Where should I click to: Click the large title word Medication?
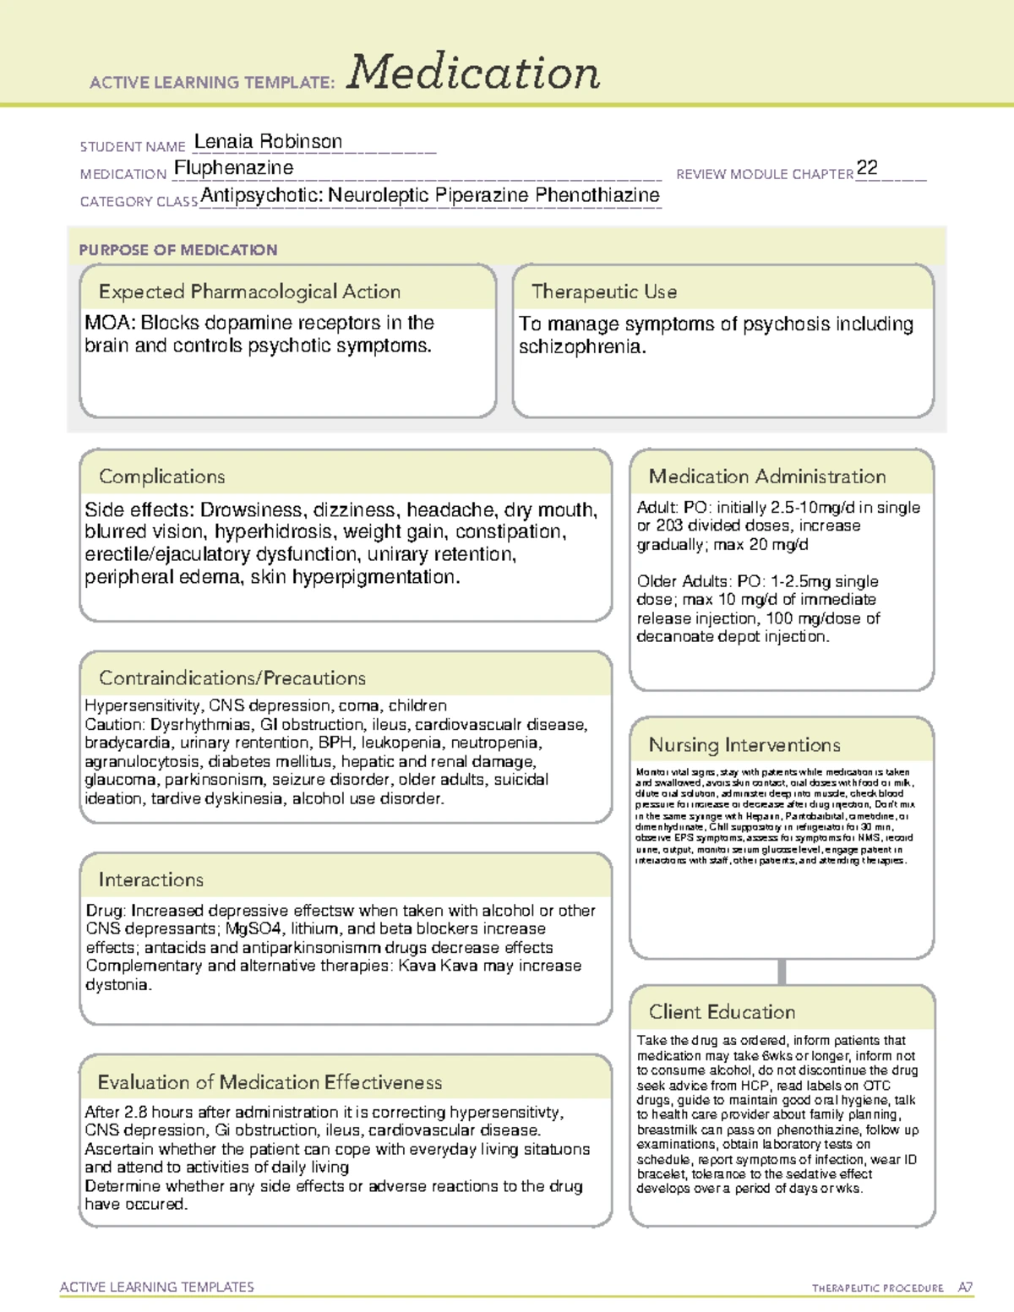click(473, 73)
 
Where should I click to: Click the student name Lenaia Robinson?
click(268, 141)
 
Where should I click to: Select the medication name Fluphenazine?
click(234, 168)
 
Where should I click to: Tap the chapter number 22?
click(867, 167)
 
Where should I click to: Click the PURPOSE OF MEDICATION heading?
click(178, 250)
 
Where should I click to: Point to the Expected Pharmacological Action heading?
click(249, 291)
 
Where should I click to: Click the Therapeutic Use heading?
click(604, 291)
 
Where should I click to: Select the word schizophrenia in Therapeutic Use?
click(581, 347)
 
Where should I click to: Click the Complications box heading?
click(162, 476)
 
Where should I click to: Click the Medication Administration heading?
click(767, 476)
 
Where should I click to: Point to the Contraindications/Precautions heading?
click(232, 678)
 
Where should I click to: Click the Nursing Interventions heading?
click(744, 745)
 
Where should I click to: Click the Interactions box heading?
click(151, 880)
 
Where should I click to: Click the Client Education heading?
click(722, 1012)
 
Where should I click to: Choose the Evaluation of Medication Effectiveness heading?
click(270, 1082)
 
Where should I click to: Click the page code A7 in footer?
click(965, 1288)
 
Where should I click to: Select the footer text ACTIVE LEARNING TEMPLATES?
click(157, 1287)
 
